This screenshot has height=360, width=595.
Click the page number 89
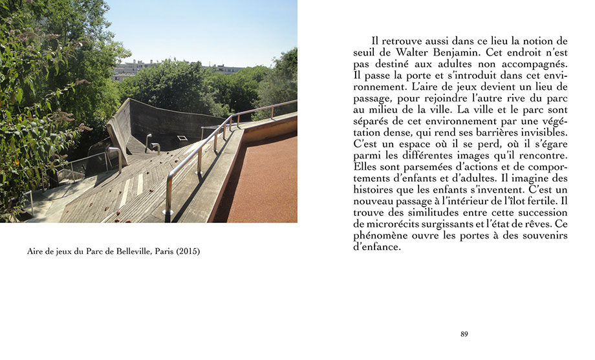pyautogui.click(x=464, y=334)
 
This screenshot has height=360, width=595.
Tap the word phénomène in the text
pyautogui.click(x=384, y=235)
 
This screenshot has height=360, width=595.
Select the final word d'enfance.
pyautogui.click(x=377, y=247)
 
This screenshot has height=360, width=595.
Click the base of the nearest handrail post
pyautogui.click(x=168, y=212)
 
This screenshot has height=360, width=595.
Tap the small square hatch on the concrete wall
pyautogui.click(x=182, y=138)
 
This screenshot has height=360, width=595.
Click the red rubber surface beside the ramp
pyautogui.click(x=265, y=187)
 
